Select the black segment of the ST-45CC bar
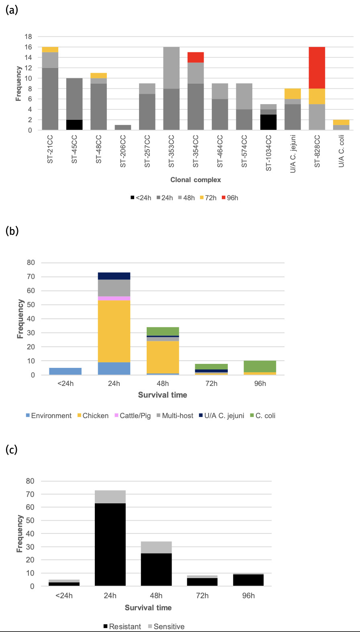point(74,125)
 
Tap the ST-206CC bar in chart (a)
point(123,127)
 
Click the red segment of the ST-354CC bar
point(196,57)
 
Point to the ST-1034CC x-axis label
point(269,153)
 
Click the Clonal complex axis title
point(196,180)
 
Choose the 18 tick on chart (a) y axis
point(28,37)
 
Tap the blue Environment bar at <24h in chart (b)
point(65,371)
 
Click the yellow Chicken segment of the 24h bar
point(114,331)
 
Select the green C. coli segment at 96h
point(260,367)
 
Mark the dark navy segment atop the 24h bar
point(114,276)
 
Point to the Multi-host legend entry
point(175,416)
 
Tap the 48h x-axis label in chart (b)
point(163,384)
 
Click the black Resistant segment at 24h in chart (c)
point(110,544)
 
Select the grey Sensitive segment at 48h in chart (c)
point(156,547)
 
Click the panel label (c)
point(12,449)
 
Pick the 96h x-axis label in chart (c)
point(248,595)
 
